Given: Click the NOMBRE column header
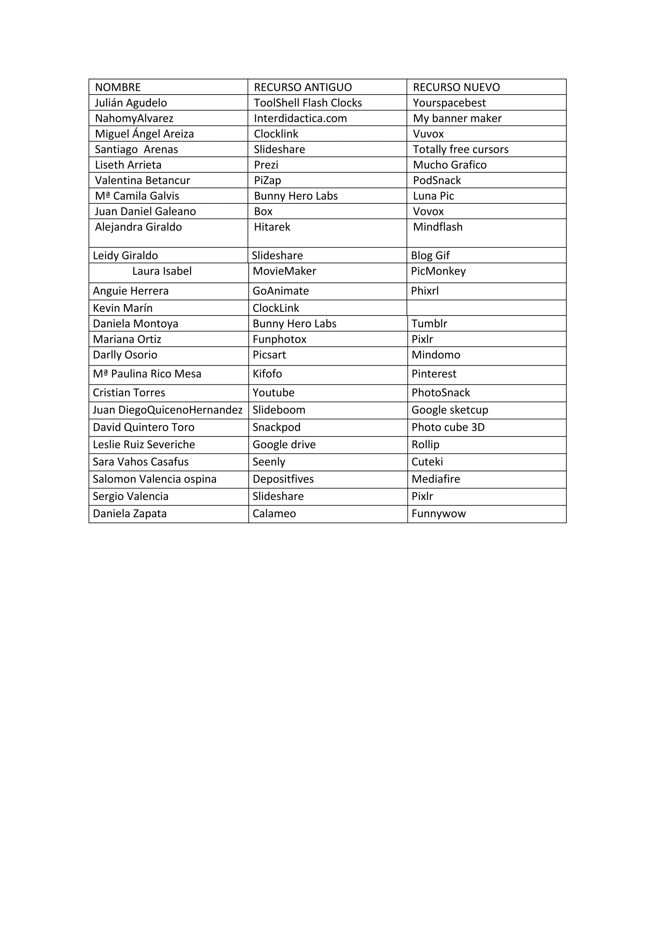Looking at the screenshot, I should (x=118, y=87).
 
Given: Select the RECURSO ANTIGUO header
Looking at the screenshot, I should (x=302, y=87).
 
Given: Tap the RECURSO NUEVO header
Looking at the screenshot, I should (x=456, y=87).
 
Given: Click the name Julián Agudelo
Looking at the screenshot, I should (x=131, y=103).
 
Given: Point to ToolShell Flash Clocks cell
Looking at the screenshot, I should (x=308, y=103).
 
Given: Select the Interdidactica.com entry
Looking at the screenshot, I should (x=300, y=119).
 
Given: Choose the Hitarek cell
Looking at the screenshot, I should (x=272, y=227).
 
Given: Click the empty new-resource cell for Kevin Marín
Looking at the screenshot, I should (x=487, y=308).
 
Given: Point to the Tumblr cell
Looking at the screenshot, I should (x=429, y=324).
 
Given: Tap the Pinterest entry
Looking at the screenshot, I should (x=434, y=374).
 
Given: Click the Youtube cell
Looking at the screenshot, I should (x=274, y=393).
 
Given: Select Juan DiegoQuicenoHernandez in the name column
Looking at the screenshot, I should (x=168, y=410).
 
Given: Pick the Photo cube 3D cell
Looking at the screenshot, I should (x=448, y=427).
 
